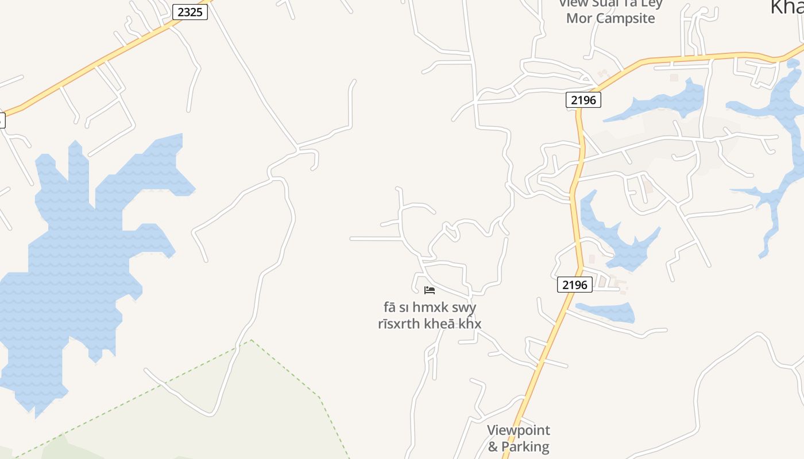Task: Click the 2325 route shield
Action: [190, 11]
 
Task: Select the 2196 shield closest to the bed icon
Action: [574, 285]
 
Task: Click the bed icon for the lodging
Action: [430, 290]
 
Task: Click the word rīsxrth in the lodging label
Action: [399, 324]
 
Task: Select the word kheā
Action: [440, 324]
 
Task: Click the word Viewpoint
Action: [518, 430]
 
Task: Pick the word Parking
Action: [525, 446]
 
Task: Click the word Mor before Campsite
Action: [579, 18]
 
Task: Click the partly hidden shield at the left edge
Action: [2, 120]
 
